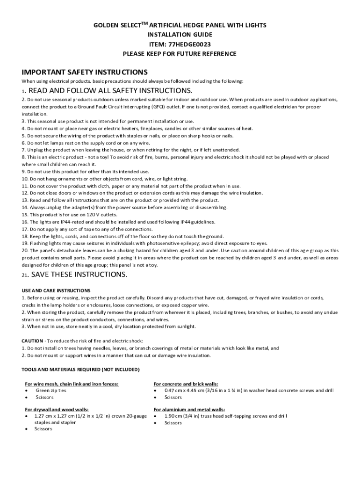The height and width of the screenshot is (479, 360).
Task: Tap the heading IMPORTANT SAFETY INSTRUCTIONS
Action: (85, 72)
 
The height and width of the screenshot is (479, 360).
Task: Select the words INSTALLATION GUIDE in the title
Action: (180, 35)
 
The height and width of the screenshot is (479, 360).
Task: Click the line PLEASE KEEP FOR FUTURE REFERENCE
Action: (180, 54)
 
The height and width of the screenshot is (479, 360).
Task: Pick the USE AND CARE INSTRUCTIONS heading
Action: (56, 290)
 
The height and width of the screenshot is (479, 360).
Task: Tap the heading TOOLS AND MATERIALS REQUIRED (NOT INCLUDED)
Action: (80, 370)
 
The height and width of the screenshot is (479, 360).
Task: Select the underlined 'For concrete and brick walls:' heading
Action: (186, 384)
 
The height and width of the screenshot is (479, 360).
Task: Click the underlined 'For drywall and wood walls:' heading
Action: (57, 409)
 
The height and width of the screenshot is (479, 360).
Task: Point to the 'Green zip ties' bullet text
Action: (51, 390)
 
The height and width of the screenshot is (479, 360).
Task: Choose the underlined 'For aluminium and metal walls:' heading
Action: (189, 409)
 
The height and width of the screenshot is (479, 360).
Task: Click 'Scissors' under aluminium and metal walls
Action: (173, 423)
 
